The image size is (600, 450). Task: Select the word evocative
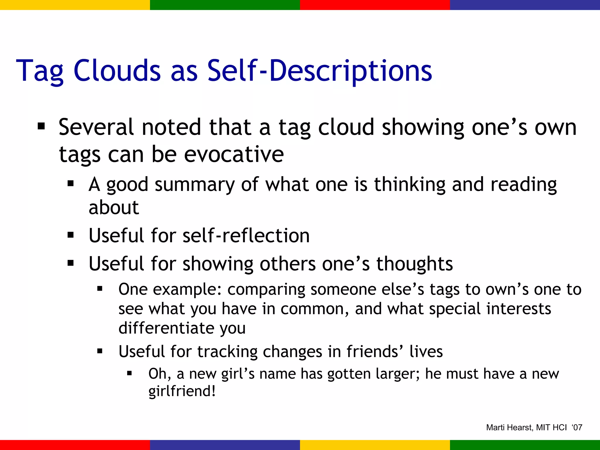233,154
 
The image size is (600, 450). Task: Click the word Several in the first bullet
96,127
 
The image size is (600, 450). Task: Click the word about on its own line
114,207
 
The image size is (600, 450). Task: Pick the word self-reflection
246,236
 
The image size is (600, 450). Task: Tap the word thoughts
415,264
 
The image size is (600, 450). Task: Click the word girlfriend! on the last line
182,391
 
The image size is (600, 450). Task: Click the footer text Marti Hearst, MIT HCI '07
534,427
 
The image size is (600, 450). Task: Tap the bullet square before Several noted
41,127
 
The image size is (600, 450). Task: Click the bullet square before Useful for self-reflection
70,235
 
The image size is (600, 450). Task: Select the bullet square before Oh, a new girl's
129,374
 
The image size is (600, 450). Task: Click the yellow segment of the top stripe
75,5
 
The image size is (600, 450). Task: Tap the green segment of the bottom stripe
525,445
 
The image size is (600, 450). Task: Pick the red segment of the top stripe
375,5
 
